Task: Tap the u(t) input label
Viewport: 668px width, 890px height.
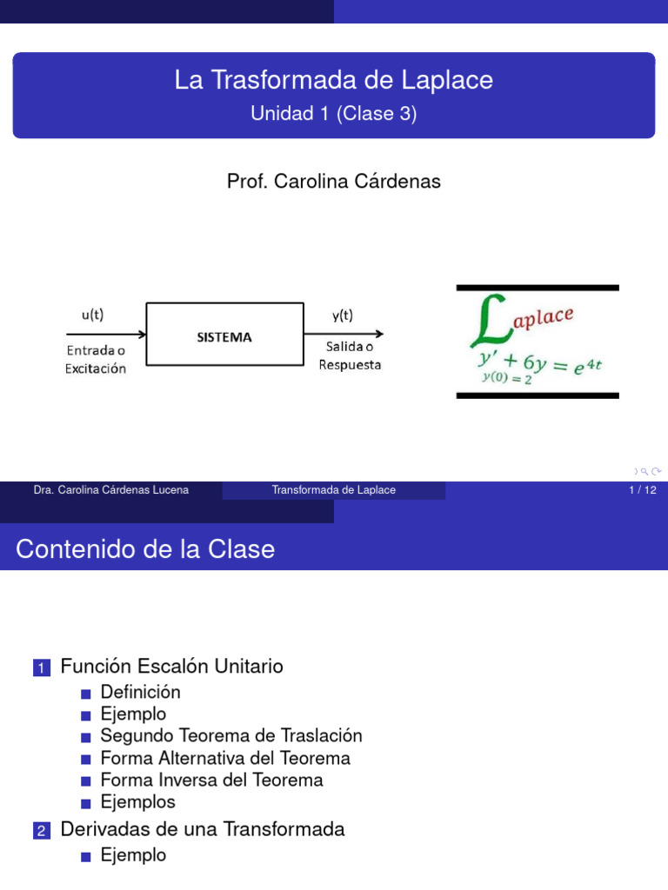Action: [x=92, y=315]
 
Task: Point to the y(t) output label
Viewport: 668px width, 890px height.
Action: [x=343, y=315]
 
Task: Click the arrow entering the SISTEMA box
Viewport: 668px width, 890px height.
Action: [x=106, y=334]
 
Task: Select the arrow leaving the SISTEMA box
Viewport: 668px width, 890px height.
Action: [x=344, y=334]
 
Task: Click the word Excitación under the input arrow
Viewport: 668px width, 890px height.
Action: [x=96, y=369]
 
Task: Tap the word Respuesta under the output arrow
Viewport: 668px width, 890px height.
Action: [x=350, y=364]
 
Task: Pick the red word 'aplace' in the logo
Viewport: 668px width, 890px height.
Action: [x=544, y=317]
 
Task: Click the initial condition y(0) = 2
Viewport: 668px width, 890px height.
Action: [x=507, y=378]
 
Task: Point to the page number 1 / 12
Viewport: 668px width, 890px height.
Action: [x=643, y=490]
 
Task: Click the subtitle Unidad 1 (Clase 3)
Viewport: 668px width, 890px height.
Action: [x=334, y=114]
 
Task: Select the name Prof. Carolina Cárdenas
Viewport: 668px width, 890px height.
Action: [x=334, y=181]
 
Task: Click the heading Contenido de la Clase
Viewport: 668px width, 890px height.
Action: [x=145, y=549]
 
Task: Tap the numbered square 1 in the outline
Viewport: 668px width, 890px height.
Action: [x=42, y=667]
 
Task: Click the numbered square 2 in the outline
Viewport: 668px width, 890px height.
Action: [x=42, y=830]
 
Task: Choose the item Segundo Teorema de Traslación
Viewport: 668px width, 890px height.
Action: [x=231, y=735]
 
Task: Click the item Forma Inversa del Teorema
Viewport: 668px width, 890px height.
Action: [x=212, y=780]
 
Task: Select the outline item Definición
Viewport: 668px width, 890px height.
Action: [x=140, y=692]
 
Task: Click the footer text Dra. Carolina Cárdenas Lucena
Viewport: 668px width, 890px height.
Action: [x=110, y=490]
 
